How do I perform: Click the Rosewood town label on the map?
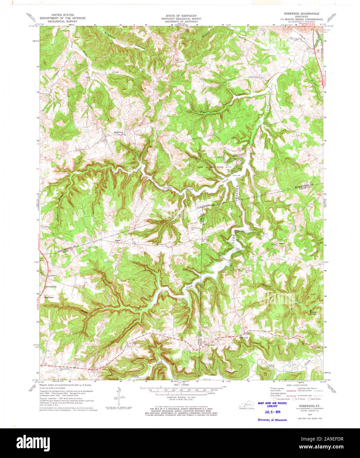point(118,132)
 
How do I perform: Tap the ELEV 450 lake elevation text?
point(237,175)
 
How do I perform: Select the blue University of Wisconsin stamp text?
point(272,420)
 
